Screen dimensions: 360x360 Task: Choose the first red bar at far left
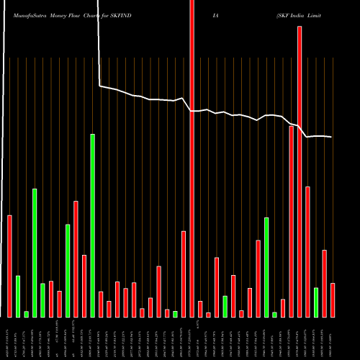click(10, 266)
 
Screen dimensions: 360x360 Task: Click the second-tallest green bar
click(35, 252)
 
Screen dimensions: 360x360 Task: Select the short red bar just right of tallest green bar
click(101, 304)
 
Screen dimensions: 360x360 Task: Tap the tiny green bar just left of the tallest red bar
click(175, 314)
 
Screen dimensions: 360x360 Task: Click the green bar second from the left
click(18, 296)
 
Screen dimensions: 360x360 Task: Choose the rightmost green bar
click(316, 302)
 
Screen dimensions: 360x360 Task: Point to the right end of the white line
click(332, 137)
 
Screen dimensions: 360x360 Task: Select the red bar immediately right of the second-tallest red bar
click(307, 251)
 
